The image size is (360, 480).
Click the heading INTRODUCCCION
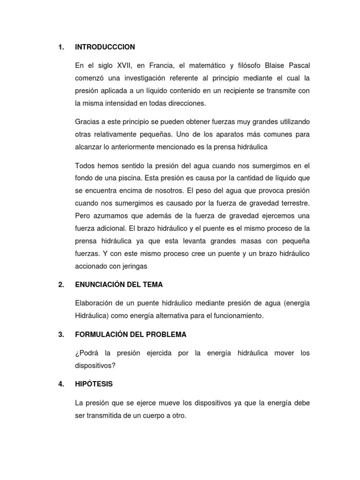pos(105,47)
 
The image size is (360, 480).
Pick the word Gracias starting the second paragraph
pos(88,122)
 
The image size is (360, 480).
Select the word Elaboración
pos(95,303)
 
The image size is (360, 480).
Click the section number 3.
pos(60,335)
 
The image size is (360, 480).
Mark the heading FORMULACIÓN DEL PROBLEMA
pos(130,335)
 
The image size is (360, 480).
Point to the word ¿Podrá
pos(87,353)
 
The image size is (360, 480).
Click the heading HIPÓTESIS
pos(94,384)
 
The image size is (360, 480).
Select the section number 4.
pos(61,384)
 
